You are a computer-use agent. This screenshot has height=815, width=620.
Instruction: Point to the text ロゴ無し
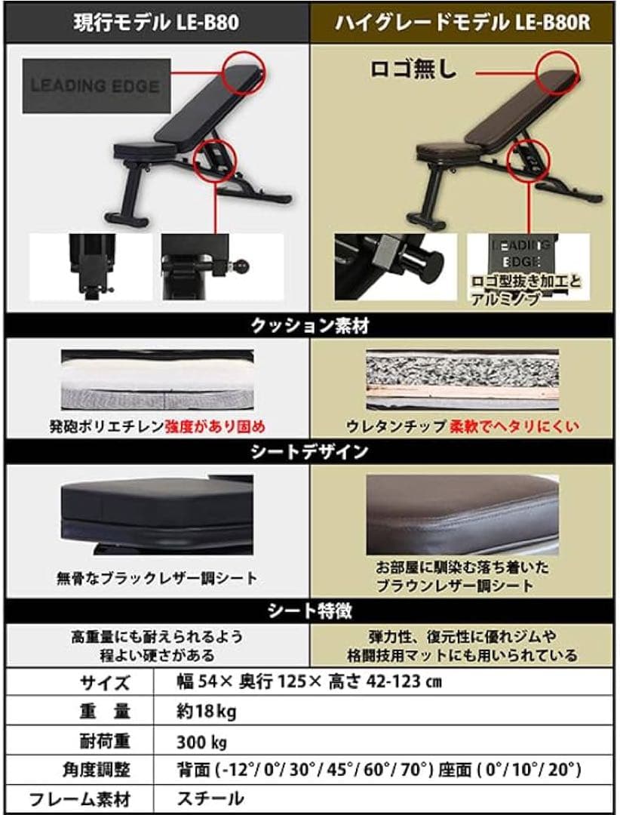pos(413,70)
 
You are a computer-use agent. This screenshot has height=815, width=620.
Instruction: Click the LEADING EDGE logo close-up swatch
pos(94,86)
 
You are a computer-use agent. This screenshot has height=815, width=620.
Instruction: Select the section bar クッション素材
pos(309,326)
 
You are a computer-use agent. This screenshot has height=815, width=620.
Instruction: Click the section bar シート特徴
pos(309,609)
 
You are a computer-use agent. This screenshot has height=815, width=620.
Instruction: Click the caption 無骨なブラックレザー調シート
pos(157,579)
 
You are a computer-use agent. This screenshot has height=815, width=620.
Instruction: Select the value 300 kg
pos(200,741)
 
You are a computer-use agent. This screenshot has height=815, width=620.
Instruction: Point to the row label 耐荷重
pos(99,741)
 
